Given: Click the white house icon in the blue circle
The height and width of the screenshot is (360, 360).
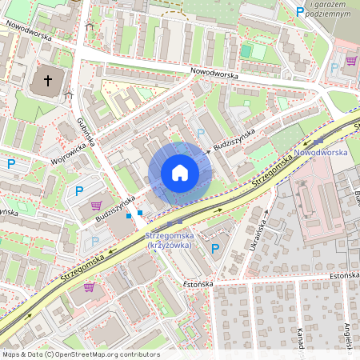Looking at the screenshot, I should pyautogui.click(x=180, y=173).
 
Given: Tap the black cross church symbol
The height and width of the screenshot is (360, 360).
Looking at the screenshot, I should pyautogui.click(x=47, y=81).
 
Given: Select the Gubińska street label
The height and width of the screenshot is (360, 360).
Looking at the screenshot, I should pyautogui.click(x=86, y=132).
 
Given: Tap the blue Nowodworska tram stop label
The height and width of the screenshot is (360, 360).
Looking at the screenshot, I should pyautogui.click(x=320, y=152).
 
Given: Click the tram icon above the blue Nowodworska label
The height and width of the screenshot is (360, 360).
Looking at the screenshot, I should pyautogui.click(x=319, y=141).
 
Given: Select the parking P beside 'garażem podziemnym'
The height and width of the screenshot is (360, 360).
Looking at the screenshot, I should pyautogui.click(x=300, y=12).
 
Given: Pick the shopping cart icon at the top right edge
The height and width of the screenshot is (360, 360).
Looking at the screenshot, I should pyautogui.click(x=350, y=60).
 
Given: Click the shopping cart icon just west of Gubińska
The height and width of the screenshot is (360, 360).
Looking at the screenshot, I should pyautogui.click(x=96, y=206).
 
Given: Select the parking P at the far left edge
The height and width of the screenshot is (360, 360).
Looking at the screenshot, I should pyautogui.click(x=11, y=164).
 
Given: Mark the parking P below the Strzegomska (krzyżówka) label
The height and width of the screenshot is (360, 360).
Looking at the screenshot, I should pyautogui.click(x=214, y=249).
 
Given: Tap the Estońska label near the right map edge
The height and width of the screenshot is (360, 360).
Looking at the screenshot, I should pyautogui.click(x=346, y=275).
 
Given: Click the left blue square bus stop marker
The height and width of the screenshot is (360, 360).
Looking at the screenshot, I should pyautogui.click(x=129, y=215).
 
